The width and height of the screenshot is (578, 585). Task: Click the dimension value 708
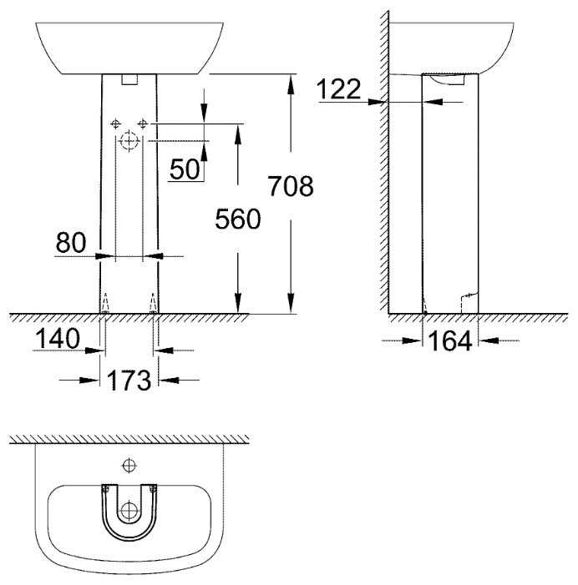click(291, 186)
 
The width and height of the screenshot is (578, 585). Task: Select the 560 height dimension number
click(238, 219)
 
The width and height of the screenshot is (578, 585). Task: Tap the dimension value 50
click(185, 169)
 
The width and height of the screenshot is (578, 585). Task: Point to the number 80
click(71, 242)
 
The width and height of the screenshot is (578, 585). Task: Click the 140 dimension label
click(57, 338)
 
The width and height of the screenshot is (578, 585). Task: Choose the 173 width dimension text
click(129, 381)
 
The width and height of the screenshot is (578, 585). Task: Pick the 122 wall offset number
click(338, 89)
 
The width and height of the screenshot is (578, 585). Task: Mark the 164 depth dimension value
click(450, 341)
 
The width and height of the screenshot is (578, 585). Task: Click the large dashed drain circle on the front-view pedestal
click(129, 141)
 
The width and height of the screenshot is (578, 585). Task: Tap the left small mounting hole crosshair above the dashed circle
click(116, 124)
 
